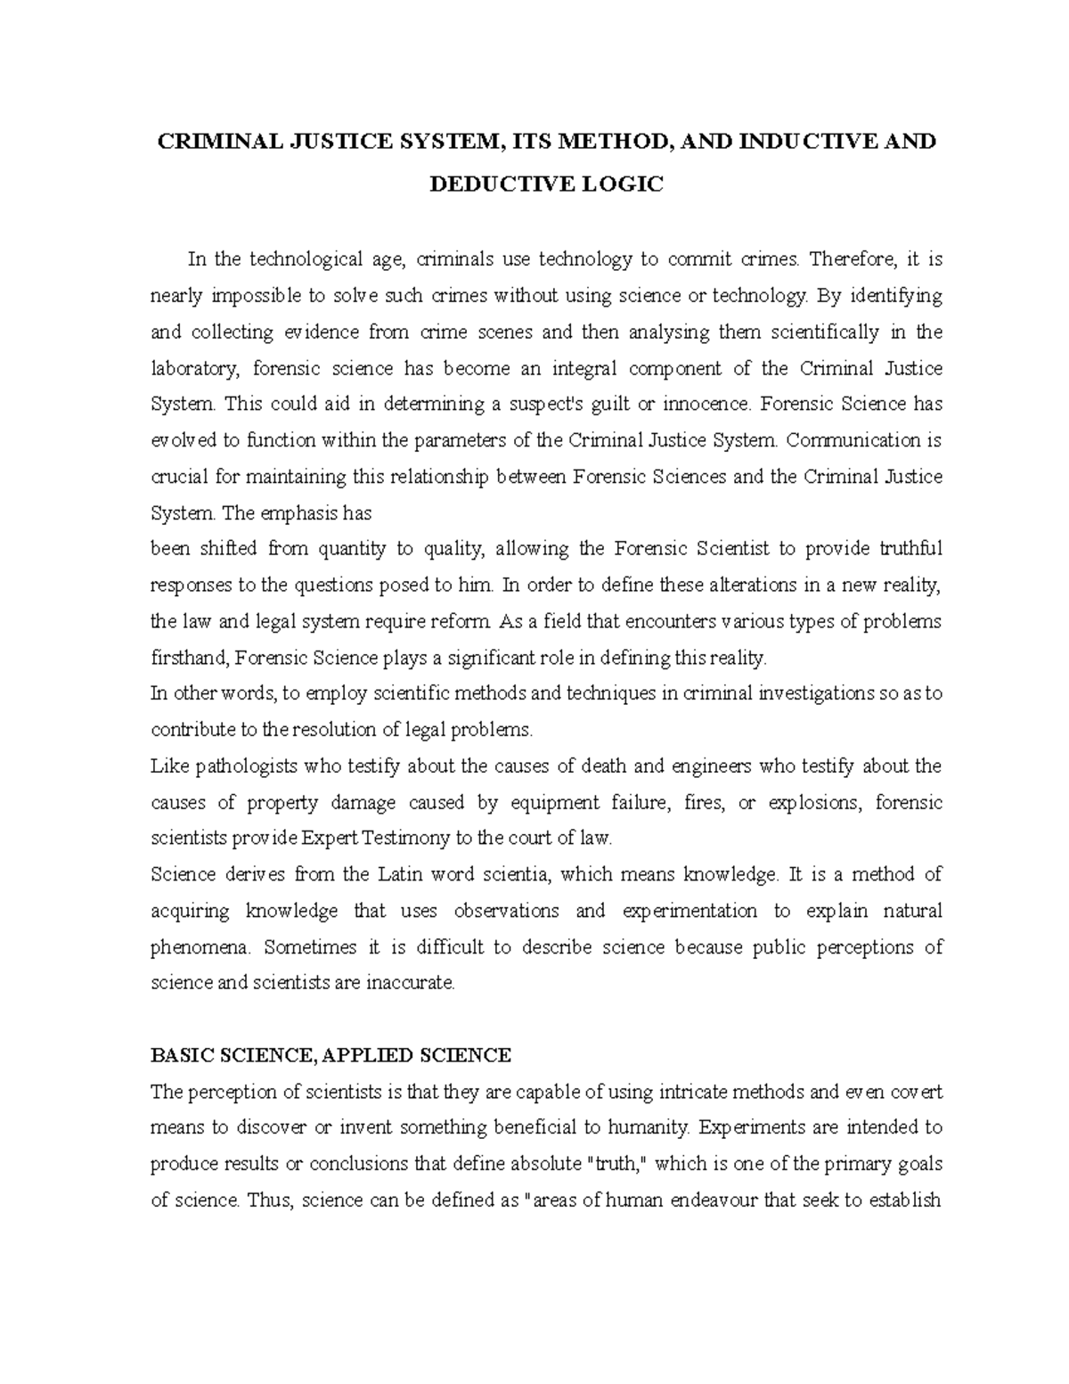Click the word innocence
point(708,404)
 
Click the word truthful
point(910,549)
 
